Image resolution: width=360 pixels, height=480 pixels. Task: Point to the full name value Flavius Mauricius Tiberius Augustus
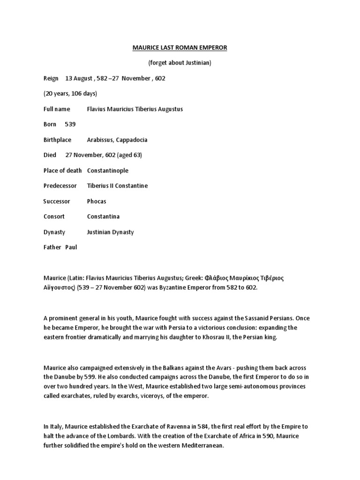tap(135, 109)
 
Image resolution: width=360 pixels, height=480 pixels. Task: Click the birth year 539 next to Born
tap(70, 124)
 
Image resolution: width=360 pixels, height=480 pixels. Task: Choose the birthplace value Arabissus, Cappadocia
tap(117, 140)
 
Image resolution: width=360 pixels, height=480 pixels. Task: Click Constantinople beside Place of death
tap(107, 171)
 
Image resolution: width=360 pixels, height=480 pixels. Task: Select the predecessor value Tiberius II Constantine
tap(117, 186)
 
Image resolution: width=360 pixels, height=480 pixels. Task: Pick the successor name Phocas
tap(97, 202)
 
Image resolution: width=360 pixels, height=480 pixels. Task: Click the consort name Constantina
tap(103, 217)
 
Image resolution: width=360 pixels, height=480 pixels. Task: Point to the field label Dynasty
tap(54, 232)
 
